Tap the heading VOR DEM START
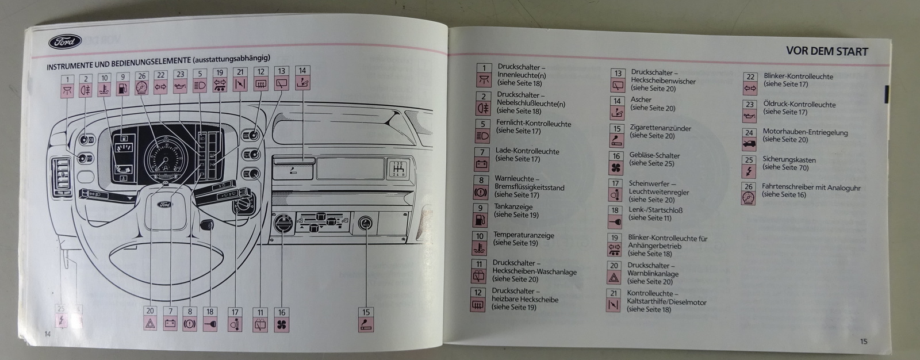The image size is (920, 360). (827, 51)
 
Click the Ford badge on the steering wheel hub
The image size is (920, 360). (165, 204)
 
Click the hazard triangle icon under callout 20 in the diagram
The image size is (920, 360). (150, 324)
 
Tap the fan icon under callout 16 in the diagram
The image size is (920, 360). (282, 325)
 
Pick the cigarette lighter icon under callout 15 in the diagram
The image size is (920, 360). (366, 325)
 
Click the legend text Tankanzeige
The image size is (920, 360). (513, 207)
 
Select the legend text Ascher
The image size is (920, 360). (641, 99)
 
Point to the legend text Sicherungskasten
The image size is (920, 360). (789, 159)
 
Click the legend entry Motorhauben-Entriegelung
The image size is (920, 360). (805, 132)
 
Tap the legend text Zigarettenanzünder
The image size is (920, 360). (660, 128)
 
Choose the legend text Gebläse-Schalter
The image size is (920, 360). (654, 155)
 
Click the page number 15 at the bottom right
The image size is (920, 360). (864, 341)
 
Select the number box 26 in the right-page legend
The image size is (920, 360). (748, 187)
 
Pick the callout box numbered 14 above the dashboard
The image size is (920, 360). (302, 71)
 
